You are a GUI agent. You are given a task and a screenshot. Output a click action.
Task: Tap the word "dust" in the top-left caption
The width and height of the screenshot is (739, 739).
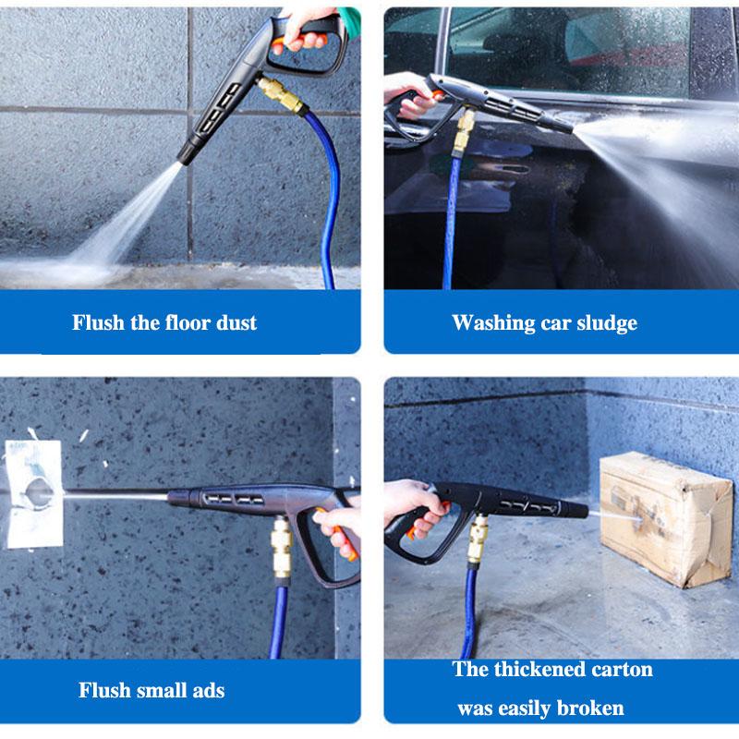[x=236, y=322]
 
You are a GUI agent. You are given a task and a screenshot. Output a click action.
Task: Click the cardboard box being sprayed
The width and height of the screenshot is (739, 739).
[x=653, y=517]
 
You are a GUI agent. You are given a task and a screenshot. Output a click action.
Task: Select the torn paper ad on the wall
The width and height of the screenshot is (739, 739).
[x=33, y=494]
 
